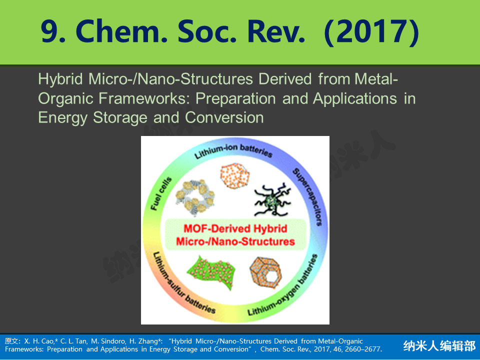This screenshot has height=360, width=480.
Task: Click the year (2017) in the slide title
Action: (371, 32)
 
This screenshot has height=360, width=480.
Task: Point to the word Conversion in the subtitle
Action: (224, 117)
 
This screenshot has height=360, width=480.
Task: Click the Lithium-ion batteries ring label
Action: (233, 151)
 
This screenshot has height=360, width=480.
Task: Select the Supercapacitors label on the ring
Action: (307, 197)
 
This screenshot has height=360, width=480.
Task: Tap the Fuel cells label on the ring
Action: (161, 193)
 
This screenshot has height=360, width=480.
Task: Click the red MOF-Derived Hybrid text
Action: (235, 228)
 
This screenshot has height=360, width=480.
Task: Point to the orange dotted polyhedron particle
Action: (235, 175)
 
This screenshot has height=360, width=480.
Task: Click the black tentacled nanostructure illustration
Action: (272, 199)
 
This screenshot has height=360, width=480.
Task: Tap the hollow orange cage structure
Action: (265, 272)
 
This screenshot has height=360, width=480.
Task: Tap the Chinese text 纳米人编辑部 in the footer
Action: (439, 345)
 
